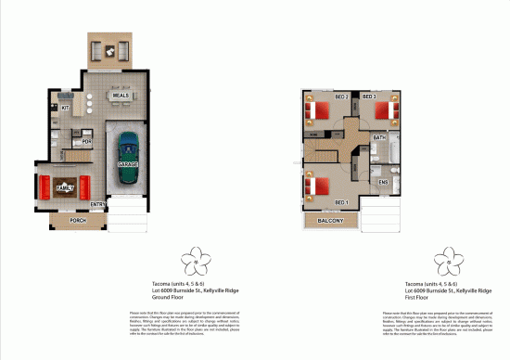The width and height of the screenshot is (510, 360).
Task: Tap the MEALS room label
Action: point(120,96)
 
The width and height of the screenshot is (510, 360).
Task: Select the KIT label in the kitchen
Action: point(66,109)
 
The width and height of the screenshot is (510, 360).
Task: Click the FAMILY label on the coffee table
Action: point(65,187)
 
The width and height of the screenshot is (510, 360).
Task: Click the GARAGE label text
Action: point(128,163)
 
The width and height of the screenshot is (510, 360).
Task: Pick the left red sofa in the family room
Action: point(44,187)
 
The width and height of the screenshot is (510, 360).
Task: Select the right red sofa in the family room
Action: point(86,187)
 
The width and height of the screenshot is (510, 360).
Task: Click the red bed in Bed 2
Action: point(318,110)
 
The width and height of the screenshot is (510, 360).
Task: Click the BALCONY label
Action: point(331,221)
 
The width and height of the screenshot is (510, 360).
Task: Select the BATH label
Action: point(379,137)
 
